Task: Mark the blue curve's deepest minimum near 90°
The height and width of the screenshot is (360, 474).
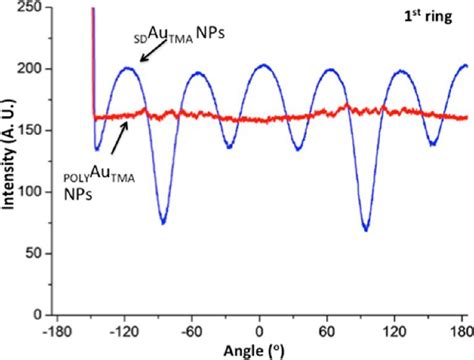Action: coord(366,231)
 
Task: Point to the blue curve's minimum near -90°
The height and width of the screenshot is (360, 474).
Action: coord(162,223)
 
